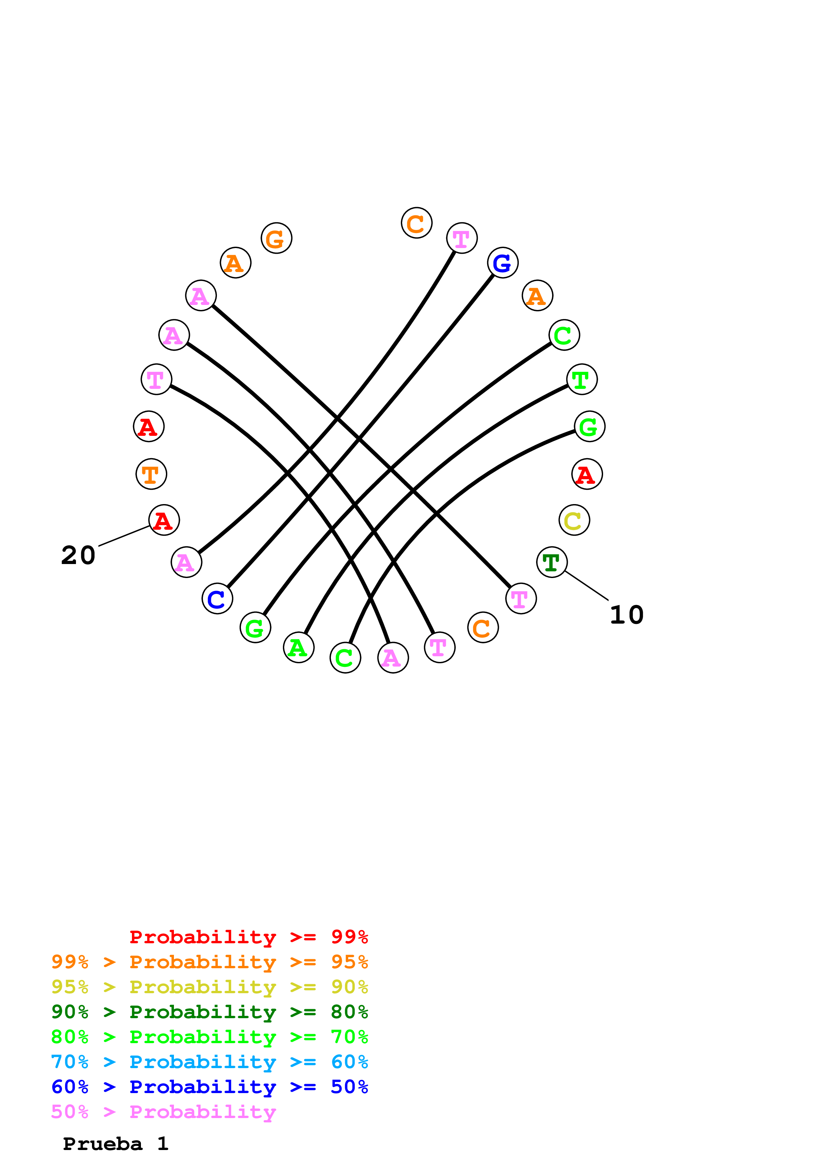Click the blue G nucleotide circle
[502, 263]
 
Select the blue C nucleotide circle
[217, 599]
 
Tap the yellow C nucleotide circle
[574, 520]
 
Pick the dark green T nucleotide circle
[552, 562]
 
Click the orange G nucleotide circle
[276, 238]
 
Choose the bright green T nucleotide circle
[582, 380]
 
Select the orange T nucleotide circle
[151, 474]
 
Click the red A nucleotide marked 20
[164, 520]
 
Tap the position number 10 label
[626, 615]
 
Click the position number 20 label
[78, 555]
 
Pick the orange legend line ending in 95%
[209, 962]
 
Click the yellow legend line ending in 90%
[209, 987]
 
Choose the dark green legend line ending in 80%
[209, 1012]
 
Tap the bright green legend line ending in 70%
[209, 1037]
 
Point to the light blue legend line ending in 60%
[209, 1062]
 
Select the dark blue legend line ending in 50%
[209, 1087]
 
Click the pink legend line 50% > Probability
[163, 1111]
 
